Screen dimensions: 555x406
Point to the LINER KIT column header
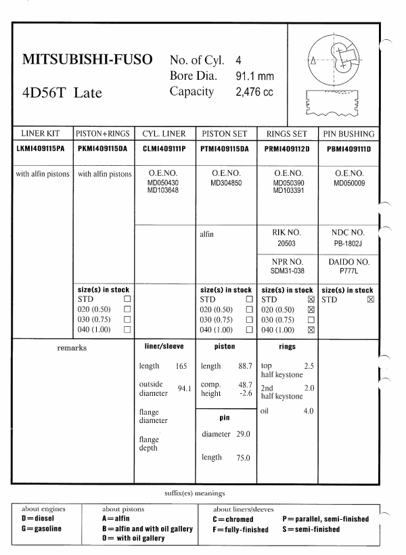coord(41,134)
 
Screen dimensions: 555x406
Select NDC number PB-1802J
coord(348,242)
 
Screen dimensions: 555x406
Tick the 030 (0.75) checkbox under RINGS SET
coord(311,319)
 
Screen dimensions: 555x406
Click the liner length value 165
coord(181,366)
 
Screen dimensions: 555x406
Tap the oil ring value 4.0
coord(308,411)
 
